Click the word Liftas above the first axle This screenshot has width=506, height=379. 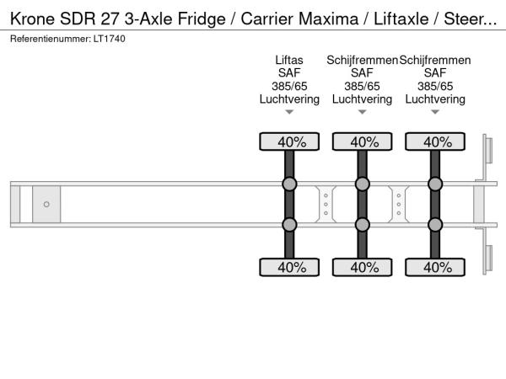click(x=289, y=60)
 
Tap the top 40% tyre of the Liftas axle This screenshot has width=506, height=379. click(x=289, y=141)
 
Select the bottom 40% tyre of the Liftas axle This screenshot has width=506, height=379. click(x=289, y=267)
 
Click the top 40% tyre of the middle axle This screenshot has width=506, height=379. click(x=363, y=141)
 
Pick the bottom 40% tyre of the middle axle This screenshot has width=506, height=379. click(x=363, y=267)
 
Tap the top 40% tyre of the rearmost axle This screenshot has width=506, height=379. click(x=436, y=141)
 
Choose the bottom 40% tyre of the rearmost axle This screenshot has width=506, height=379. click(x=436, y=267)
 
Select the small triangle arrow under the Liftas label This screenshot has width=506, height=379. click(x=289, y=112)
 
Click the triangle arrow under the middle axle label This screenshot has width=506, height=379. click(x=363, y=112)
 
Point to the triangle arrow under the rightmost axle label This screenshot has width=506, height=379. click(x=436, y=112)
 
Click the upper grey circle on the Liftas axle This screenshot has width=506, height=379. click(x=289, y=184)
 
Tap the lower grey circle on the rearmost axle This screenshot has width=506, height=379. click(x=436, y=224)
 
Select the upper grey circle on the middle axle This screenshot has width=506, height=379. click(x=363, y=184)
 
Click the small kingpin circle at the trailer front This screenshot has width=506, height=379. click(x=46, y=204)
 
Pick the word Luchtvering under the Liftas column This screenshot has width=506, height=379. click(x=289, y=99)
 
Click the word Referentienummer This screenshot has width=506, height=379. click(x=47, y=39)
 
